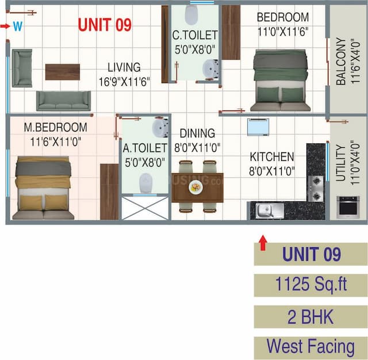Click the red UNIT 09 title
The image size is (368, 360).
pos(105,25)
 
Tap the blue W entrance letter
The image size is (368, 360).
pos(17,26)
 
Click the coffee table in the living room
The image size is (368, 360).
pos(63,71)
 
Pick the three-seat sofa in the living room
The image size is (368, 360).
pos(63,100)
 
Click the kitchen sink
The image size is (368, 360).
pos(266,210)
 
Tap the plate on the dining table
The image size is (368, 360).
pos(196,186)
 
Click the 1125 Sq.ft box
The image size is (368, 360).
pos(310,284)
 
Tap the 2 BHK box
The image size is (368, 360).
pos(310,316)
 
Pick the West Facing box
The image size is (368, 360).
pos(310,347)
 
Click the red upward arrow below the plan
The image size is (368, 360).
pos(263,242)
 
